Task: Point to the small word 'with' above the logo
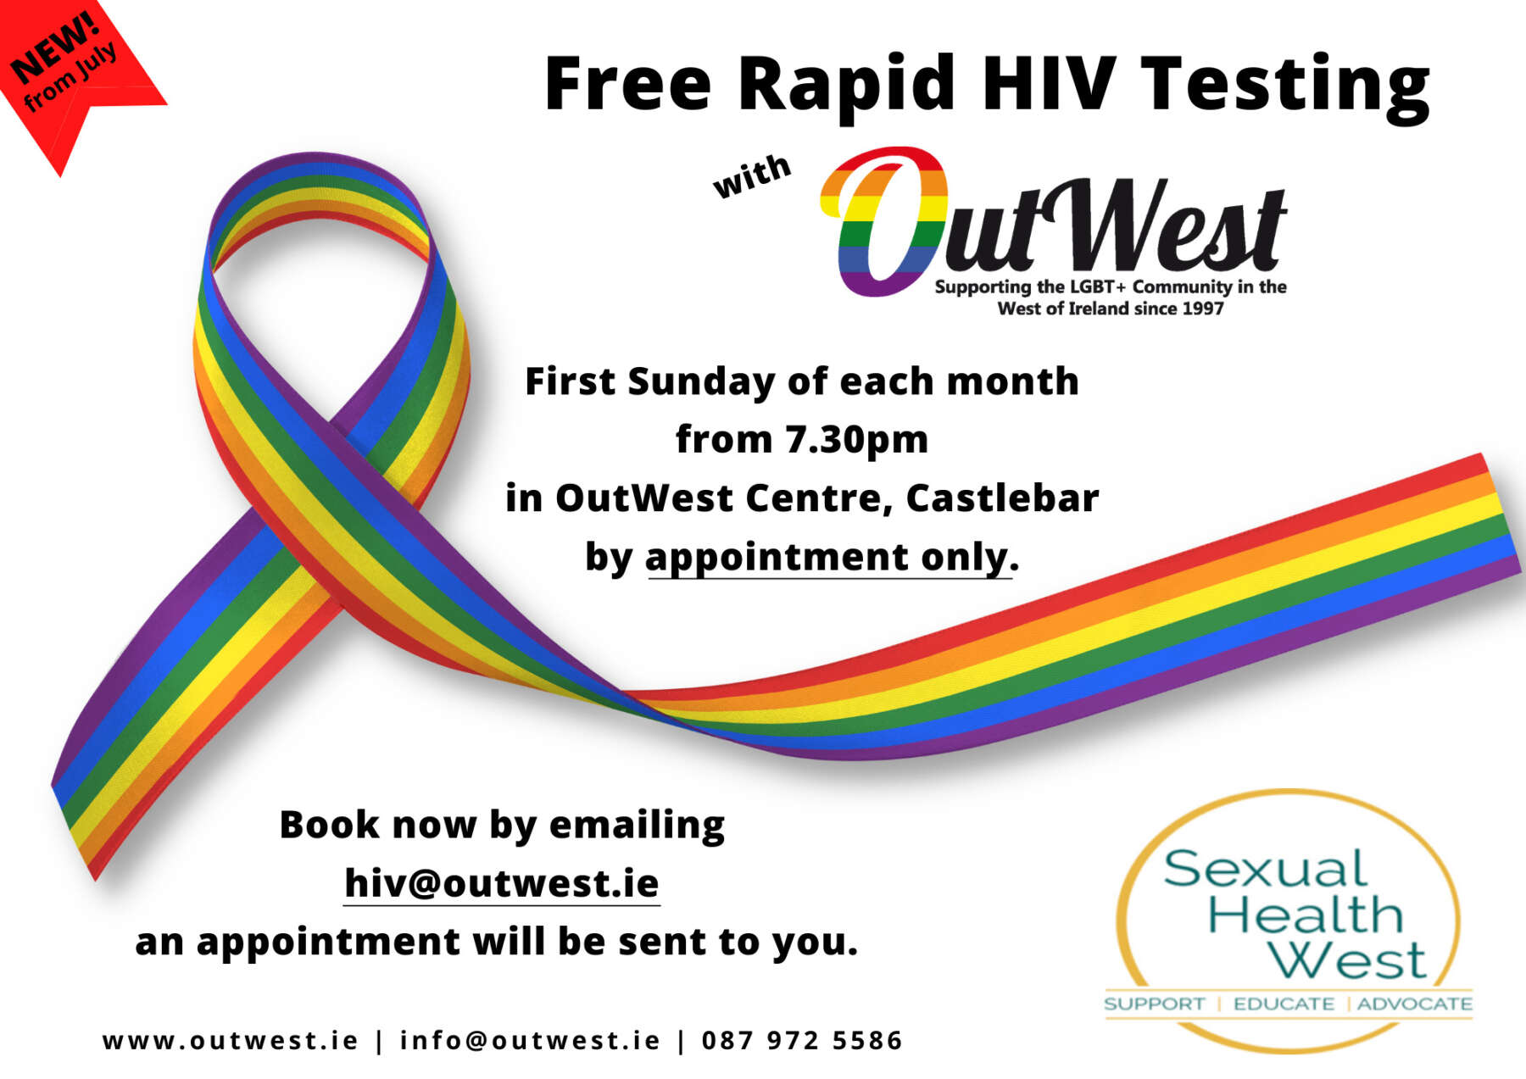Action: pyautogui.click(x=751, y=176)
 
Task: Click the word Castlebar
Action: pyautogui.click(x=1002, y=498)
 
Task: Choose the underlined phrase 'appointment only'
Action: pyautogui.click(x=828, y=558)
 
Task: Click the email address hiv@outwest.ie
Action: pyautogui.click(x=502, y=883)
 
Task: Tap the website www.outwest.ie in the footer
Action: pyautogui.click(x=231, y=1040)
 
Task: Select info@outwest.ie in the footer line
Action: pyautogui.click(x=530, y=1040)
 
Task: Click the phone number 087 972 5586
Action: pyautogui.click(x=802, y=1040)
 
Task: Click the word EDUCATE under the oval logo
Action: pyautogui.click(x=1284, y=1004)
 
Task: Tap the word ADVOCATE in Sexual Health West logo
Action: pyautogui.click(x=1415, y=1004)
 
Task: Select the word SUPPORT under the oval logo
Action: pyautogui.click(x=1154, y=1004)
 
